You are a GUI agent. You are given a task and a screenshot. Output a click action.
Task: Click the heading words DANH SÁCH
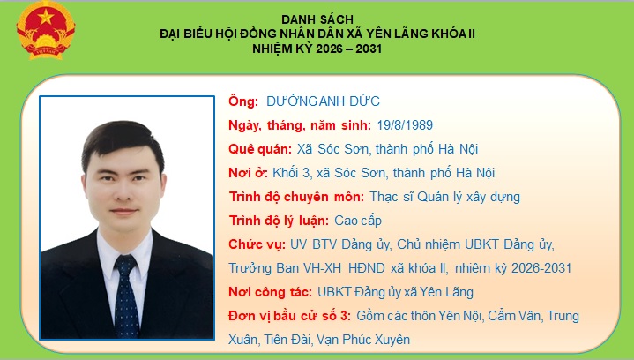click(x=317, y=19)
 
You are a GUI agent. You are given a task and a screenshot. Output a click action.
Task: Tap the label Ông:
click(x=242, y=101)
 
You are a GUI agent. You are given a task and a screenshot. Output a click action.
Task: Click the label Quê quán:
click(x=255, y=149)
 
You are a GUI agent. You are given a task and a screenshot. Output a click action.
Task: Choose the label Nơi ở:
click(x=247, y=173)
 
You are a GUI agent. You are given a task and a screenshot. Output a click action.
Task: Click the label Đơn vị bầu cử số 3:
click(x=290, y=316)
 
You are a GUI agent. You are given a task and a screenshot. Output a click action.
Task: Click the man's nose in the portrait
click(x=122, y=185)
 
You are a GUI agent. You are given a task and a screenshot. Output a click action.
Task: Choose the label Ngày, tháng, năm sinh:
click(x=298, y=125)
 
